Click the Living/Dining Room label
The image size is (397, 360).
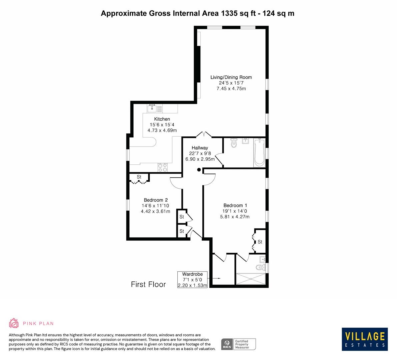click(231, 77)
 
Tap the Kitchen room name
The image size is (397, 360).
click(162, 119)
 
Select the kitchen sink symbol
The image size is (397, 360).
click(152, 108)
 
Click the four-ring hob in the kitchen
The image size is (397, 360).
click(162, 167)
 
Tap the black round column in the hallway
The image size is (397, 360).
click(199, 170)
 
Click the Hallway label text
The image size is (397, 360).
click(200, 148)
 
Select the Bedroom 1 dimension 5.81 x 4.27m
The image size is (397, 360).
click(235, 217)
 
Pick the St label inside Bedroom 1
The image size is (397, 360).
click(260, 242)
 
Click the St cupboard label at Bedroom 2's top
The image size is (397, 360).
click(139, 177)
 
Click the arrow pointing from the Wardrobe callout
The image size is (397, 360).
click(215, 278)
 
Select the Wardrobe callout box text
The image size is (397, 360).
click(192, 280)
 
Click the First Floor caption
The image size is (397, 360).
click(148, 284)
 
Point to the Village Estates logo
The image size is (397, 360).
click(365, 339)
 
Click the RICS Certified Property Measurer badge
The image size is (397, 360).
click(239, 344)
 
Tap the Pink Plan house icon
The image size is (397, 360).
click(14, 323)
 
